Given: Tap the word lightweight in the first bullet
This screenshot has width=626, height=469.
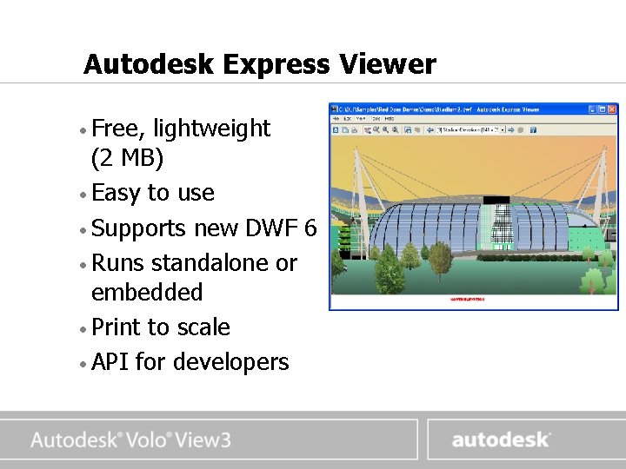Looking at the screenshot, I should (211, 129).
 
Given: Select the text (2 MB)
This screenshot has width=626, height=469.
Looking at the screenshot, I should (127, 160).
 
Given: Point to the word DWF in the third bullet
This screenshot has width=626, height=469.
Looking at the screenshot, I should (272, 229).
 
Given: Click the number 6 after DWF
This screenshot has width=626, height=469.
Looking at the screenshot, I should (310, 229).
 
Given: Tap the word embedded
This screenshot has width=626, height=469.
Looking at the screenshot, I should (147, 293).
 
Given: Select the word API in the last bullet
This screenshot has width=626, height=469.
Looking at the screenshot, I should (110, 362).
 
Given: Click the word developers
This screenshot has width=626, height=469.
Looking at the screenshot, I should (230, 363).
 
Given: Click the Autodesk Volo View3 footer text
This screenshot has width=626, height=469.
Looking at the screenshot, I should (130, 440).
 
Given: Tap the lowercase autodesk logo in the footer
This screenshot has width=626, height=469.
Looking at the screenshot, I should (500, 439).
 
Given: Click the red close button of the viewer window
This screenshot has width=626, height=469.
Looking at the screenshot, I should (612, 109).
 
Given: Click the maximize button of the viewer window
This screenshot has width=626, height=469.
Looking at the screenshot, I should (602, 109).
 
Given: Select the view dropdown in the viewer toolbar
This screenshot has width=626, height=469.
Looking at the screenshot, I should (470, 130).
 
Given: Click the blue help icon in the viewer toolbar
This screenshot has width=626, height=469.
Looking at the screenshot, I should (533, 130).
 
